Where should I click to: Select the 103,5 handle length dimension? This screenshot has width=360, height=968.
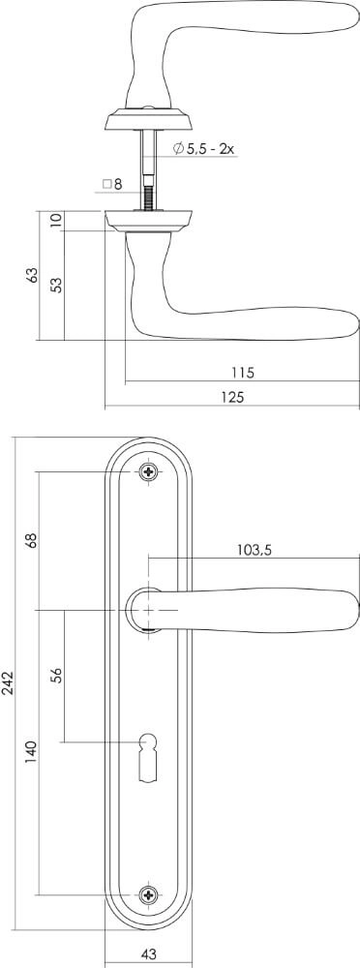point(254,550)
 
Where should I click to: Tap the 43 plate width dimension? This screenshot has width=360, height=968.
point(148,953)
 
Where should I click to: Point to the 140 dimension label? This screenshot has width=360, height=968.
point(31,750)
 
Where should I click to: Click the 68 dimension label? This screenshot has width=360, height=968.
point(31,540)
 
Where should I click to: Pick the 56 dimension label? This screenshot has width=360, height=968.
point(56,676)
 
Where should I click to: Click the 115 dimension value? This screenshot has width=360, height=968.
point(242,372)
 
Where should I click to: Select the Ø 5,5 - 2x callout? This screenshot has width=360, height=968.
point(204,148)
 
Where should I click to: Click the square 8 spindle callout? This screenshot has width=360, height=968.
point(113,183)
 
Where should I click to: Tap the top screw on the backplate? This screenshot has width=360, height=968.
point(148,472)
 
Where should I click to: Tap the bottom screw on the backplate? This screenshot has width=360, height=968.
point(148,894)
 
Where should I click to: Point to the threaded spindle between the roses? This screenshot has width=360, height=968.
point(148,191)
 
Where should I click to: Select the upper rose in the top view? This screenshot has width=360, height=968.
point(148,121)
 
